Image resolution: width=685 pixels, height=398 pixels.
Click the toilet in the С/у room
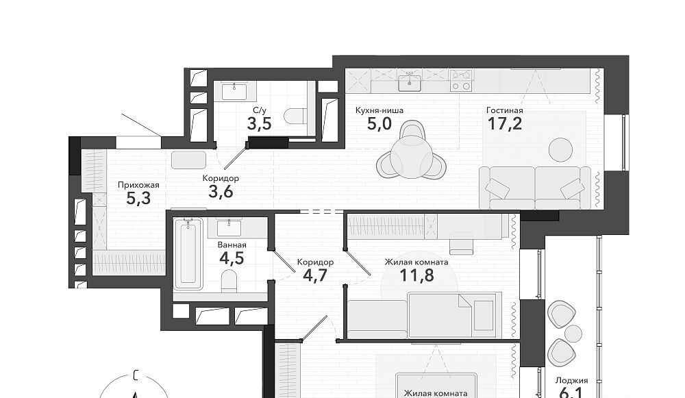[295, 116]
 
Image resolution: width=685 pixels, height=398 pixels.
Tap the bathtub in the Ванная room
[188, 254]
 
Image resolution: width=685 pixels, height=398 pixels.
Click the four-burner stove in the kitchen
[461, 80]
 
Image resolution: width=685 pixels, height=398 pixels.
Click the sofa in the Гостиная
[535, 188]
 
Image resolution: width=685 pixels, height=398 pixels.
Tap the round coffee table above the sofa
[560, 149]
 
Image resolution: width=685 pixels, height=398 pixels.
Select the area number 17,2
[505, 124]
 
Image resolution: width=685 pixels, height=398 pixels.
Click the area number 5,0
[379, 124]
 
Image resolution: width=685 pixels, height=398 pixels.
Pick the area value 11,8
[416, 275]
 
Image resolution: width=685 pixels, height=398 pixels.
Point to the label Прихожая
[138, 185]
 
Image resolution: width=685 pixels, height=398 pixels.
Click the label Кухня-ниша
[379, 110]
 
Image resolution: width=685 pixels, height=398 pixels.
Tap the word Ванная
[232, 245]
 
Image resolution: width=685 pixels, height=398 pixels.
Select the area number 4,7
[315, 275]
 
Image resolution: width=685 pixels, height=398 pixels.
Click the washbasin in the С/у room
[234, 92]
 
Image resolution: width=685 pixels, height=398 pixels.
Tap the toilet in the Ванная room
[229, 280]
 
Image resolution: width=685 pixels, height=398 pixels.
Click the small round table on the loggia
[573, 334]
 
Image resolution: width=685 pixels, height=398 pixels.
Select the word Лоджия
[571, 380]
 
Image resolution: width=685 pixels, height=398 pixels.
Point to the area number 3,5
[260, 124]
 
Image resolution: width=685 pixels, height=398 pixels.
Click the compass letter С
[136, 375]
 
